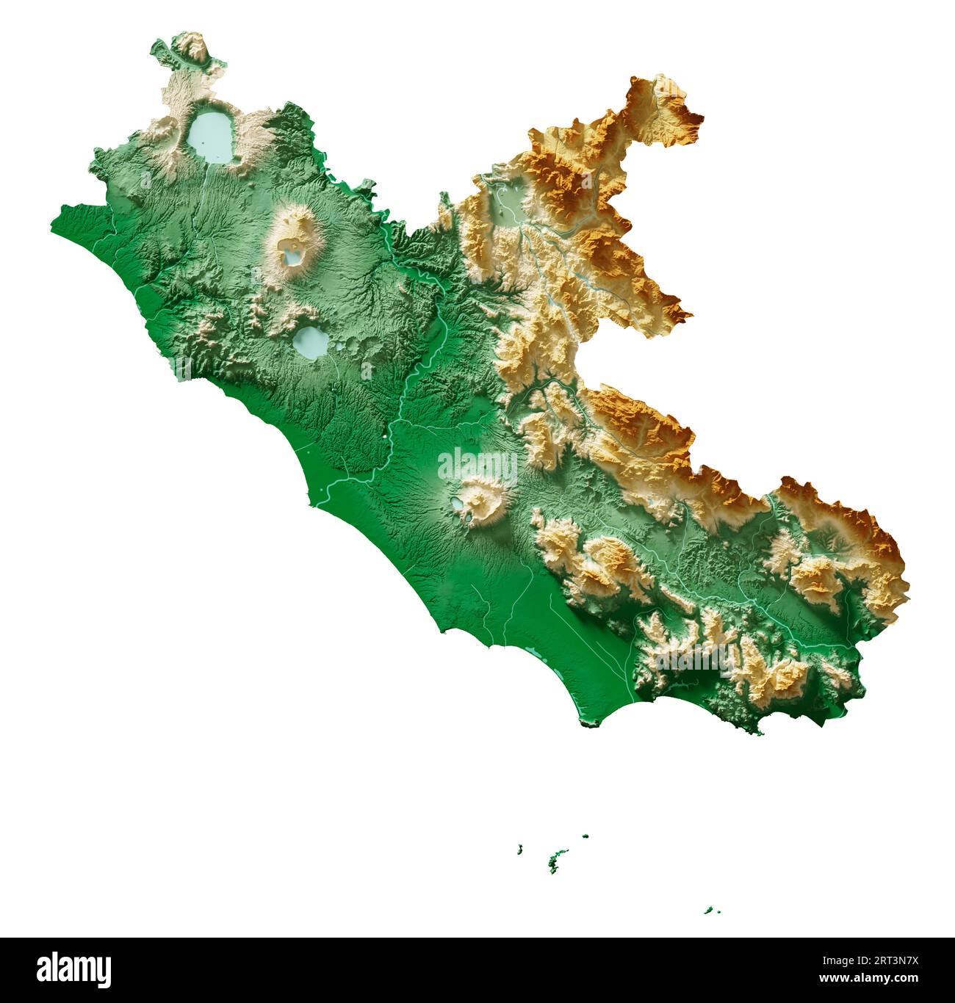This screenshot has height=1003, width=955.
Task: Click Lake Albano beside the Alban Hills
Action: point(457,504)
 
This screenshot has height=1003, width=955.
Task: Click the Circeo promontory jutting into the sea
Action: point(590,723)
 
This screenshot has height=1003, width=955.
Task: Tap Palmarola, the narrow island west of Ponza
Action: point(520,850)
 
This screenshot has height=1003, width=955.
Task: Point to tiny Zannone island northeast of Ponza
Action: point(585,836)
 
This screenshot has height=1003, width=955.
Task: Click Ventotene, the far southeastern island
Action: point(709,910)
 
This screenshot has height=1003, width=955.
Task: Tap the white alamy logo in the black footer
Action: point(74,969)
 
